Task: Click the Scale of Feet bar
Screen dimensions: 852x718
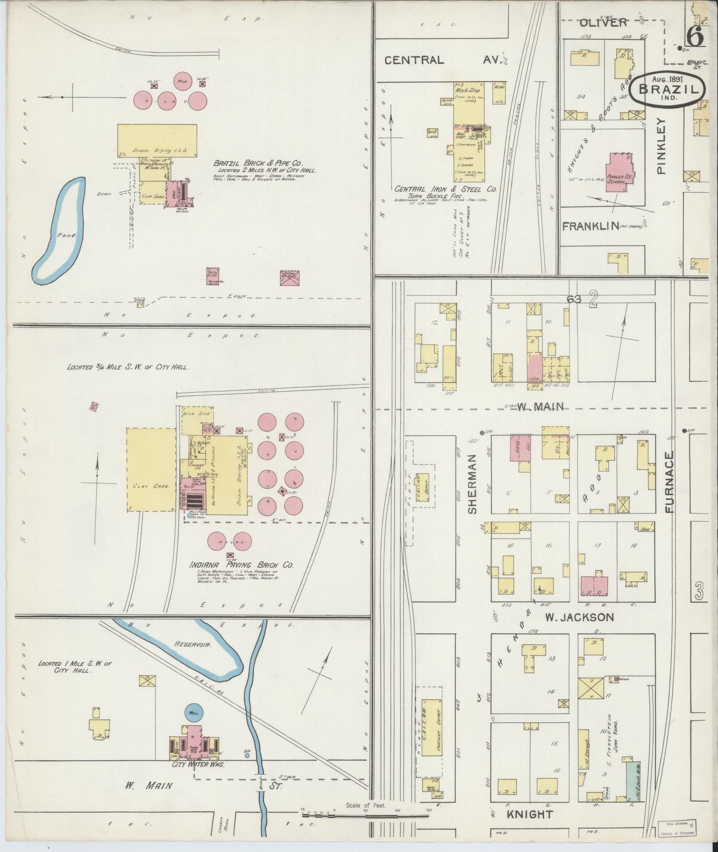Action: point(366,815)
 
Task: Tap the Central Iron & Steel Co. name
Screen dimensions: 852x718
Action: point(445,189)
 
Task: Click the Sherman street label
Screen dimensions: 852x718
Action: point(473,484)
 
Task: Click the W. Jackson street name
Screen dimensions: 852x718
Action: point(579,617)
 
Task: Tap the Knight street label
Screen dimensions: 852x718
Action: point(530,815)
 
